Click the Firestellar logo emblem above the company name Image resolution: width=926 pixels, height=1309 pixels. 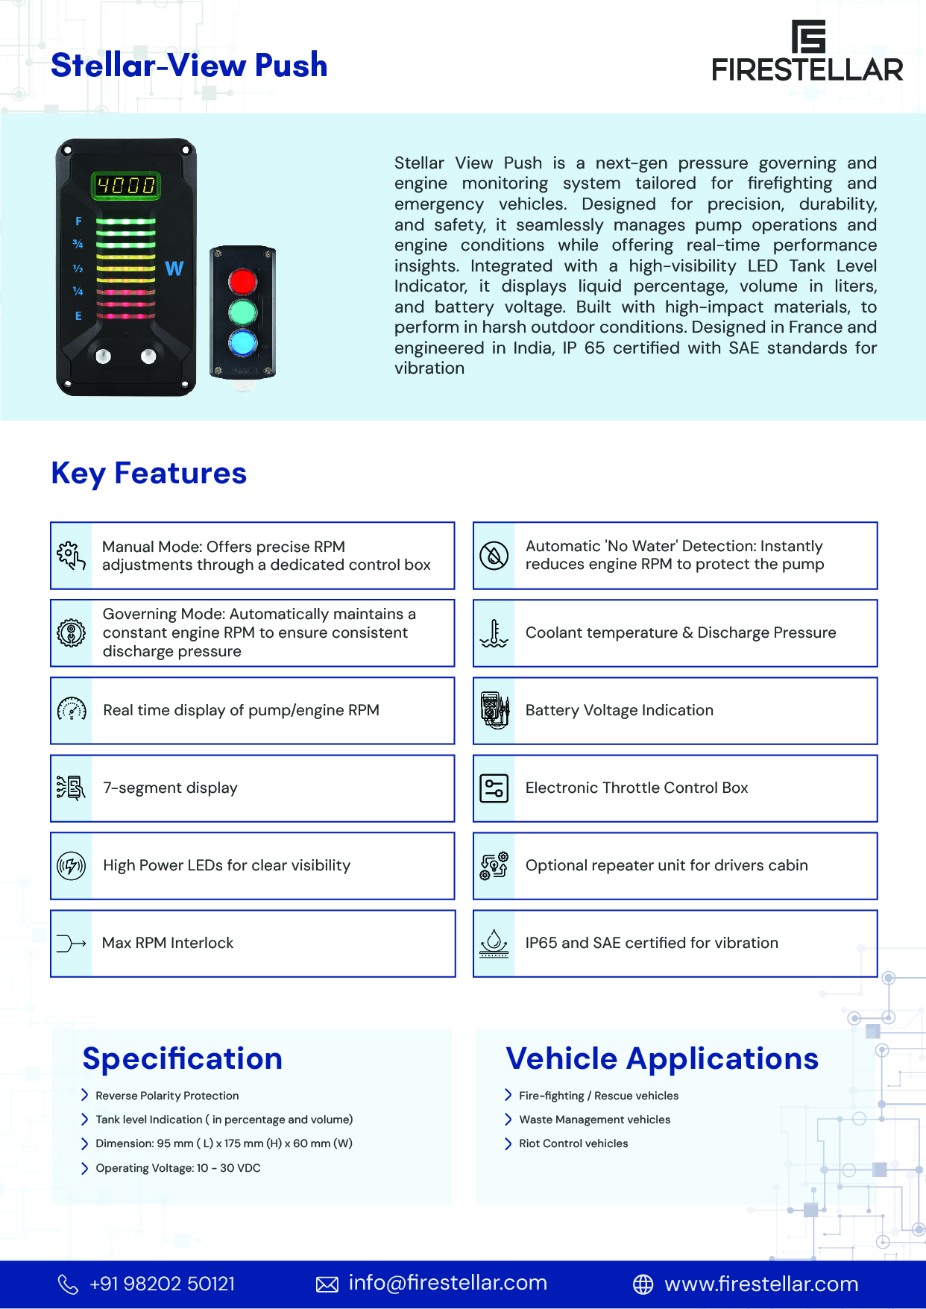click(808, 36)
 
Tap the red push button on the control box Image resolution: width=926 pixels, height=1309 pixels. click(242, 282)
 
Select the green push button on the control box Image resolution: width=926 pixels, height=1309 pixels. click(242, 313)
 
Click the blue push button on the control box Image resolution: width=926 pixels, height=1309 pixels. click(242, 343)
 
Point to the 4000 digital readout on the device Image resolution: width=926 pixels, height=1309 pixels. click(126, 185)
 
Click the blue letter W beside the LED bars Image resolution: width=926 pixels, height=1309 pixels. click(174, 269)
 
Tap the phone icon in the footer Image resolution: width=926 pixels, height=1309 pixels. click(68, 1284)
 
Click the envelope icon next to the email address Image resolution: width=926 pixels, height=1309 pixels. click(327, 1284)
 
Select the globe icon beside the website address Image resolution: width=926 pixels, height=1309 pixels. click(643, 1284)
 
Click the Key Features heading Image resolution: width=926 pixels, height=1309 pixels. click(149, 474)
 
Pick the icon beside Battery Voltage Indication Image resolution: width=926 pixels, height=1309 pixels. click(494, 710)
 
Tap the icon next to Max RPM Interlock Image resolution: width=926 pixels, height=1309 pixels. click(72, 944)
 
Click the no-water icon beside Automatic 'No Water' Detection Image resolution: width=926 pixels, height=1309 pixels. click(494, 556)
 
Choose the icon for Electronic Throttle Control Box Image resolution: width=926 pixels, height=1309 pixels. click(494, 788)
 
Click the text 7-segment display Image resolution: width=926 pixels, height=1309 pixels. click(170, 788)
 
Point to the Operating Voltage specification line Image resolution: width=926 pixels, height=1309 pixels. click(177, 1168)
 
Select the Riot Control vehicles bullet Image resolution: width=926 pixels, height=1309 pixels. click(573, 1143)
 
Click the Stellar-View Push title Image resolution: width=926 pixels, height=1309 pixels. click(189, 66)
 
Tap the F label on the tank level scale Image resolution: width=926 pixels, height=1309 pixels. click(78, 222)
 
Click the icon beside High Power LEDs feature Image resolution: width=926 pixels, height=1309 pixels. click(72, 866)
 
